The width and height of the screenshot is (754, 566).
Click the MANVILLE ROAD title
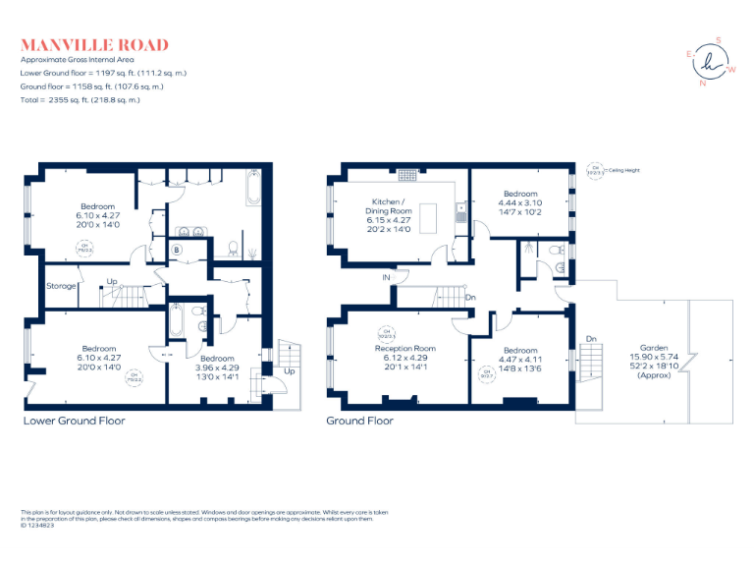tap(94, 45)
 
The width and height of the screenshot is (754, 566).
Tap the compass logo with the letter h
tap(711, 62)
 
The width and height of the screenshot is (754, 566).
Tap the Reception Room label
tap(404, 348)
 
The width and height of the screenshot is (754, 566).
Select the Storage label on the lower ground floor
tap(61, 286)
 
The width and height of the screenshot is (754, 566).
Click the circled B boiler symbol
tap(177, 250)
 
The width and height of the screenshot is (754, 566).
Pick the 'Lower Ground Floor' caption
tap(74, 421)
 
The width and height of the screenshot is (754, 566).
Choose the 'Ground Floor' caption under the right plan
tap(360, 421)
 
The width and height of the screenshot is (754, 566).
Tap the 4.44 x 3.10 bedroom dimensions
tap(520, 202)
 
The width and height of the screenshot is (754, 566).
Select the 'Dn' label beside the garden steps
tap(590, 339)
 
